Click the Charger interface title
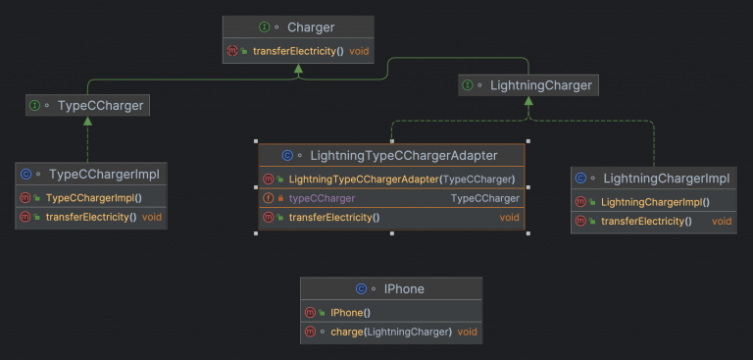(x=310, y=27)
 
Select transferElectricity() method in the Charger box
(x=298, y=50)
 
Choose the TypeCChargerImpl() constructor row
(x=95, y=197)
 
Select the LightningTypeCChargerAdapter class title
(x=403, y=155)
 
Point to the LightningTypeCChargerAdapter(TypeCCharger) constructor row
(x=402, y=179)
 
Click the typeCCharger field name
(x=322, y=198)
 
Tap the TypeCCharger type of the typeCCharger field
(x=484, y=198)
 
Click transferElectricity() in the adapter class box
(x=333, y=217)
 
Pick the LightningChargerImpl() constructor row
(x=655, y=202)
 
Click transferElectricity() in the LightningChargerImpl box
(x=646, y=221)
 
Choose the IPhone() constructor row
(x=351, y=312)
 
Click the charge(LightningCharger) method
(x=391, y=332)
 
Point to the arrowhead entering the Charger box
(x=297, y=70)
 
